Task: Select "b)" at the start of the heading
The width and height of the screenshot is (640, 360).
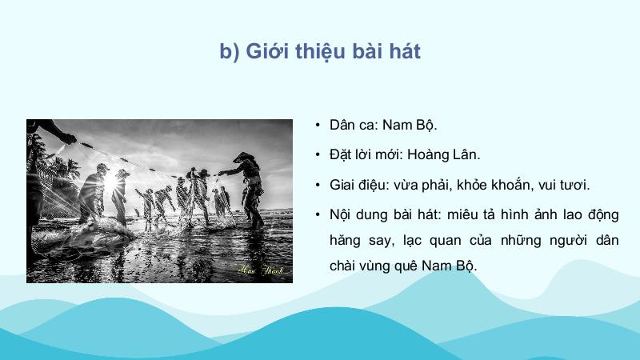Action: [230, 52]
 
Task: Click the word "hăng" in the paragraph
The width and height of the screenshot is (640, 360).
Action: [345, 241]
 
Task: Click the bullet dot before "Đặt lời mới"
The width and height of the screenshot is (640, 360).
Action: [318, 154]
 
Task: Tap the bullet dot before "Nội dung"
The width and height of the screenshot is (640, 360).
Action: [318, 214]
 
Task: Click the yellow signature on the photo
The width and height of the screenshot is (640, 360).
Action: [261, 270]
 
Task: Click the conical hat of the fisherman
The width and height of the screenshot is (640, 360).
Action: [244, 157]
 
